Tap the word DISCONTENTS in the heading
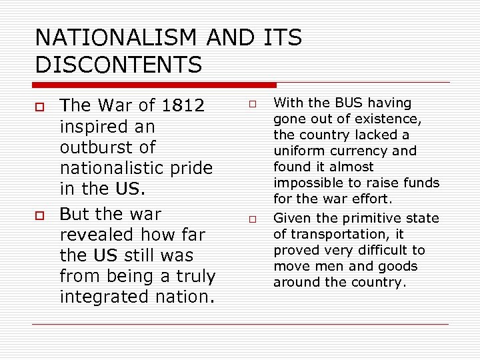coord(119,65)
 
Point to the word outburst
coord(107,147)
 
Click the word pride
coord(186,168)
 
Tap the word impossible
coord(309,183)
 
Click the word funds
coord(420,183)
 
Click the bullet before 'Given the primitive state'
coord(253,219)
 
